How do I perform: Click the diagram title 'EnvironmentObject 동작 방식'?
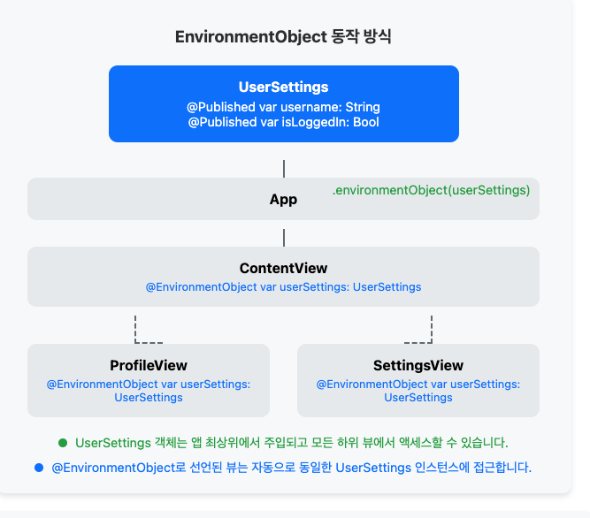(x=283, y=37)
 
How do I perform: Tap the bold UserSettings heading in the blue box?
(x=283, y=87)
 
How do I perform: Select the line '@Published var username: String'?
(x=283, y=107)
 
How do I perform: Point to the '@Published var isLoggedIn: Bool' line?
(x=283, y=122)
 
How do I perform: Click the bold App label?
(x=283, y=200)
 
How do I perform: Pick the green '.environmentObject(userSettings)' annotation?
(x=431, y=190)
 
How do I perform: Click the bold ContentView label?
(x=283, y=268)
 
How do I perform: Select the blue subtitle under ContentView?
(x=283, y=287)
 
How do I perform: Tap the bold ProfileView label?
(x=149, y=365)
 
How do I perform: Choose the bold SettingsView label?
(x=418, y=365)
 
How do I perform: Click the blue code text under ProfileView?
(x=149, y=391)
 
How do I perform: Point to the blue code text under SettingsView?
(x=418, y=391)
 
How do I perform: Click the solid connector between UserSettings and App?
(x=284, y=169)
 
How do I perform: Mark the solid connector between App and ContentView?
(x=284, y=237)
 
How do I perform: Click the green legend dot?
(x=63, y=442)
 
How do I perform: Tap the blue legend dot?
(x=38, y=466)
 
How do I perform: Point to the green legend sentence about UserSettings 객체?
(x=292, y=442)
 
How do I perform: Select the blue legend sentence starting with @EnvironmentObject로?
(x=292, y=466)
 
